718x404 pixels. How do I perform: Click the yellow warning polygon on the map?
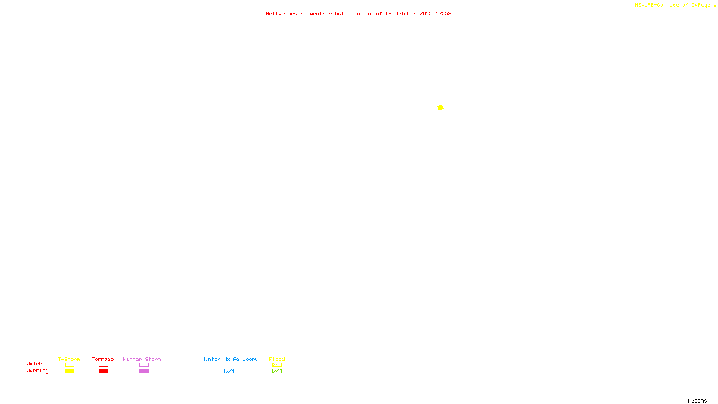click(440, 107)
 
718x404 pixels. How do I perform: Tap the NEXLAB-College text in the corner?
click(657, 5)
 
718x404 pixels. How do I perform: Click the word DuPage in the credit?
click(700, 5)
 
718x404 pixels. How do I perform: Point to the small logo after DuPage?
click(714, 5)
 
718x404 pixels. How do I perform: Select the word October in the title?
click(405, 13)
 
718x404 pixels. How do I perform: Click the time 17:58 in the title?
click(443, 13)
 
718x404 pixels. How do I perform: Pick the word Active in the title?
click(275, 13)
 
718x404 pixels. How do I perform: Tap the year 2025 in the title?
click(426, 13)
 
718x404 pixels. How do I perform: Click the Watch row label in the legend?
click(35, 364)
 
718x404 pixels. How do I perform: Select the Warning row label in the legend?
click(37, 371)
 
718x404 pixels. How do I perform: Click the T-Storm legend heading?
click(69, 359)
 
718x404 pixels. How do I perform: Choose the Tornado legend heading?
click(103, 359)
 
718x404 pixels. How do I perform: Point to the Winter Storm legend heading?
click(142, 359)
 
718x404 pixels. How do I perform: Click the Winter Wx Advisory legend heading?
click(230, 359)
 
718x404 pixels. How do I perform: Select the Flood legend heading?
click(277, 359)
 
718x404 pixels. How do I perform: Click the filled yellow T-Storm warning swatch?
click(70, 371)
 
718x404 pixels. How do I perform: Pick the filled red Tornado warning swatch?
click(103, 371)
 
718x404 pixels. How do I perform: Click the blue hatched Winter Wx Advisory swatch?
click(229, 371)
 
